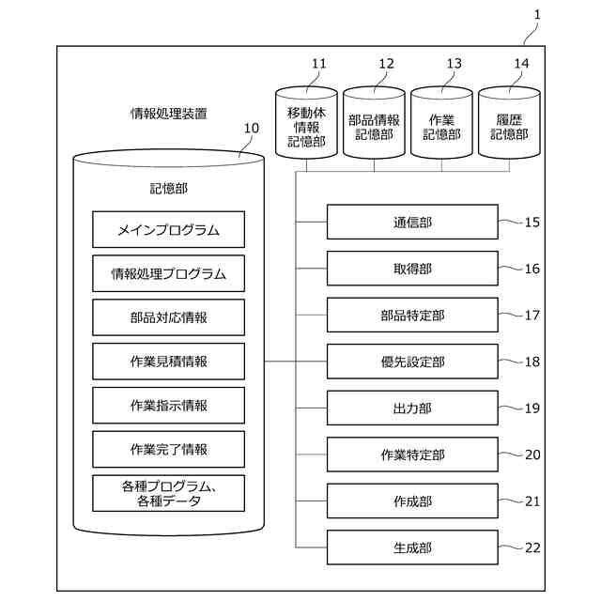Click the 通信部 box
pos(412,223)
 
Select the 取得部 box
pos(412,269)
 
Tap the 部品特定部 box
pos(412,315)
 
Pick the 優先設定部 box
pos(412,362)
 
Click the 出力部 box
pos(412,408)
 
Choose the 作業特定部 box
pos(412,455)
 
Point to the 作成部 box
pos(412,501)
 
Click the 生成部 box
pos(412,547)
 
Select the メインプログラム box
pos(169,229)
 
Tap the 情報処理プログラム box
pos(169,273)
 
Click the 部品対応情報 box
pos(169,317)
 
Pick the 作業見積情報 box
pos(169,362)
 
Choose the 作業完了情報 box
pos(169,449)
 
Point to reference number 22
pos(532,547)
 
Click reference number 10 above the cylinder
pos(251,128)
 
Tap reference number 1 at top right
pos(536,14)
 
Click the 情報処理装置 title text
pos(169,113)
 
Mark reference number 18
pos(532,362)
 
